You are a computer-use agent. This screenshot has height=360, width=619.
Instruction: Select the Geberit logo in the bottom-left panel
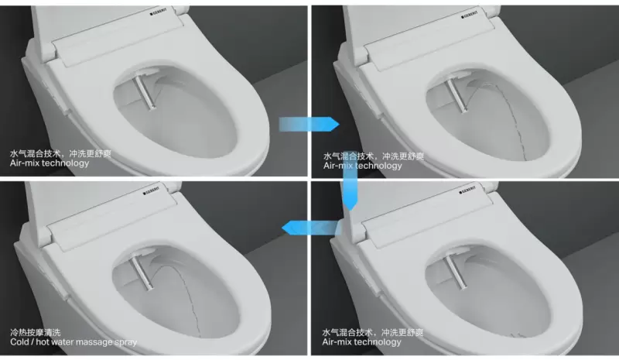click(x=151, y=190)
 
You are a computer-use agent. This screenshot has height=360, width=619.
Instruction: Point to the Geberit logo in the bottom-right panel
click(x=467, y=190)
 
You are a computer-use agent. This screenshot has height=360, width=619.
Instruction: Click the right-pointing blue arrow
click(x=309, y=124)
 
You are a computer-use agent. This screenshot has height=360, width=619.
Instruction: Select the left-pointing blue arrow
click(x=311, y=228)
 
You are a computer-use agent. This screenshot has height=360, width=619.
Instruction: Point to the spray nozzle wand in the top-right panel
click(x=457, y=96)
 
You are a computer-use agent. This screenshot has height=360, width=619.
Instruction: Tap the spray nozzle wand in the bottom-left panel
click(x=142, y=273)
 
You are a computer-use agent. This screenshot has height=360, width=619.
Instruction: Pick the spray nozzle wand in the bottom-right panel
click(x=454, y=272)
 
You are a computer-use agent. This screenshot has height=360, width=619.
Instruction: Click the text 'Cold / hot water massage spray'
click(x=74, y=342)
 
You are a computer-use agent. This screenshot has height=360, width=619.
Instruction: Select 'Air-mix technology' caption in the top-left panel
click(x=50, y=163)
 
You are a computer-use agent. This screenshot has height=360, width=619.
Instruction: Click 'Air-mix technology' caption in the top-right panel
click(x=362, y=166)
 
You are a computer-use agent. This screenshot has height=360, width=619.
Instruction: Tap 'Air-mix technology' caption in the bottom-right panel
click(x=361, y=342)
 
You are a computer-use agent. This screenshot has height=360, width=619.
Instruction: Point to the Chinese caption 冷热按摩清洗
click(x=36, y=332)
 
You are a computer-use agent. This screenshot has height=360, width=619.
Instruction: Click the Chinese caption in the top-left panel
click(x=60, y=153)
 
